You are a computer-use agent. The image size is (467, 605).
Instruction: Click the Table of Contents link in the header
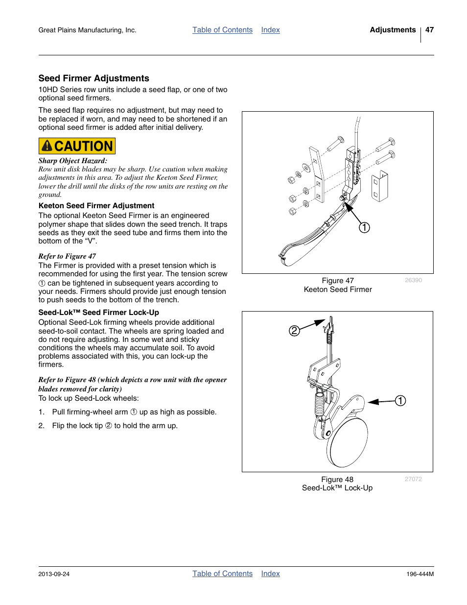222,30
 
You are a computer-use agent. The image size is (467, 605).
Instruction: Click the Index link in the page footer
270,574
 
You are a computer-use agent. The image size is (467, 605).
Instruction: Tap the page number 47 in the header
429,30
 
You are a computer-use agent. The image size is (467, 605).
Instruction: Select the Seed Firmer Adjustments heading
93,78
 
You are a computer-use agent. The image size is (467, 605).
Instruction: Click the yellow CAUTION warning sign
77,146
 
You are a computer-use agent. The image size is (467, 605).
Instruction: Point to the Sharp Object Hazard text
72,161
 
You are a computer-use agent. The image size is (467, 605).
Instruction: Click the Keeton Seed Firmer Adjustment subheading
96,206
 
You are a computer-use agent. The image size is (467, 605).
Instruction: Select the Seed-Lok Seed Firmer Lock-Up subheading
98,313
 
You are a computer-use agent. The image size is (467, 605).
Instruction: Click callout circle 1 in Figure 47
364,227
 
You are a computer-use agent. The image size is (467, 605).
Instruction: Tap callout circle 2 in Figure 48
294,331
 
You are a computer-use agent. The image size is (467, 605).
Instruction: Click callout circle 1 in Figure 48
400,401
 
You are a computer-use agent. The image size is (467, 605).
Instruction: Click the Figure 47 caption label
337,281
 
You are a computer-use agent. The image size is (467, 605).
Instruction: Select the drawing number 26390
413,280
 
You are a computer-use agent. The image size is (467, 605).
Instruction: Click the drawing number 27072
413,479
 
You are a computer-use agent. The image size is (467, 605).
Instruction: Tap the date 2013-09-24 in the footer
54,574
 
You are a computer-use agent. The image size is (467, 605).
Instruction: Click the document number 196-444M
420,574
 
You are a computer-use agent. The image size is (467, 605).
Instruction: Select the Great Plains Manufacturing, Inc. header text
87,30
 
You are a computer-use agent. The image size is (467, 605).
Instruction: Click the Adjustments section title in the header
393,30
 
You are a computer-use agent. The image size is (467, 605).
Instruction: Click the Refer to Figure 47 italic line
67,256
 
